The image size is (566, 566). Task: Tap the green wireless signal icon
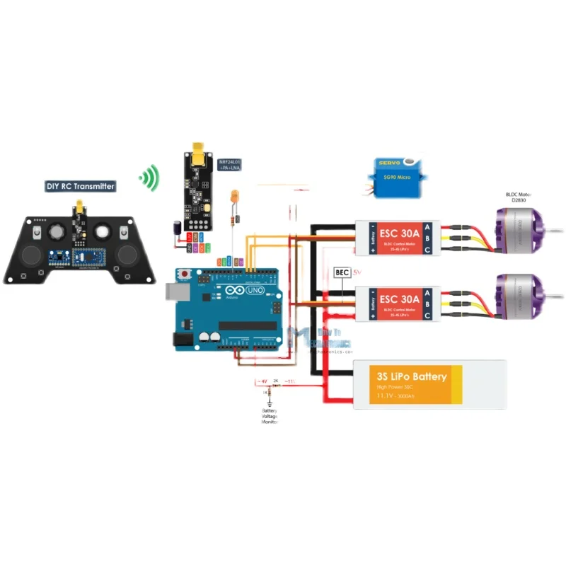(x=149, y=178)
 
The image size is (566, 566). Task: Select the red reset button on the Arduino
(x=186, y=273)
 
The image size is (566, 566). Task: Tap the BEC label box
(x=342, y=272)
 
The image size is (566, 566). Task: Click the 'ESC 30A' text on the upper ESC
(x=400, y=232)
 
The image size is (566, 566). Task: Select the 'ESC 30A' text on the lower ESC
(x=400, y=300)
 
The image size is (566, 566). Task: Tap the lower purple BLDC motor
(x=521, y=297)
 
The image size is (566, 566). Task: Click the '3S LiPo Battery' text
(x=412, y=376)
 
